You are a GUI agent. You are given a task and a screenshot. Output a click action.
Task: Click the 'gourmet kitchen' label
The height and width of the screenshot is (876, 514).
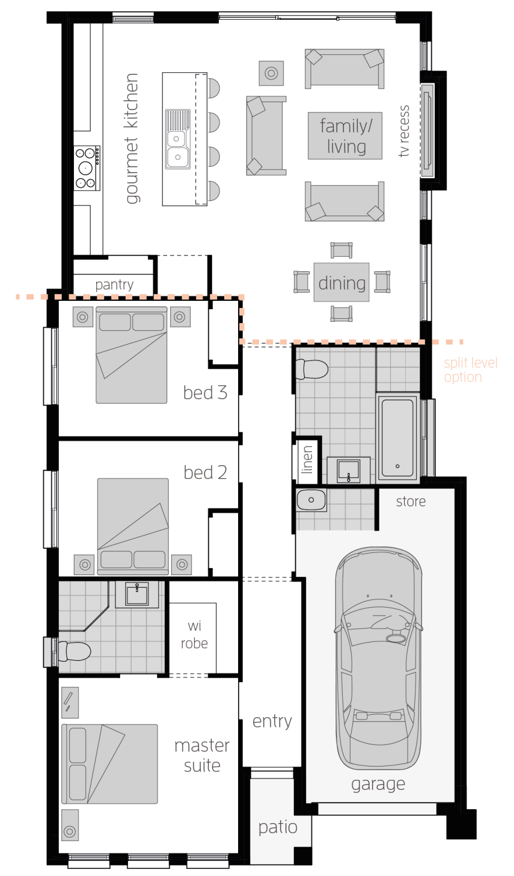tap(132, 138)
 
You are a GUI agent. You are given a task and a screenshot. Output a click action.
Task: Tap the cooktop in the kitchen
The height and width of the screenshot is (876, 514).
tap(87, 168)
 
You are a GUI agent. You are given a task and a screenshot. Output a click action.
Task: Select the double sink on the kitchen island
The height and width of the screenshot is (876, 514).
tap(177, 139)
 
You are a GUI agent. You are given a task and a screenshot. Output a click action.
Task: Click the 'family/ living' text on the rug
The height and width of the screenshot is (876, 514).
tap(346, 136)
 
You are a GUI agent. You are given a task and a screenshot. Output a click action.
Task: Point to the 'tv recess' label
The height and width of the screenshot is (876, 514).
tap(404, 131)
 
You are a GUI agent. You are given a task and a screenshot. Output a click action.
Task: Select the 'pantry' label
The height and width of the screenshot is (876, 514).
tap(114, 285)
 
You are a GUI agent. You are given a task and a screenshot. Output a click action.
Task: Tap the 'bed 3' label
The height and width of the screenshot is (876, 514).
tap(205, 393)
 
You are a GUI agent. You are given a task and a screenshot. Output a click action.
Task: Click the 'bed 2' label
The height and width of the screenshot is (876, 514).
tap(205, 472)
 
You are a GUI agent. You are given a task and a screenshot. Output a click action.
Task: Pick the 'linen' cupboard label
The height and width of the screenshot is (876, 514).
tap(307, 460)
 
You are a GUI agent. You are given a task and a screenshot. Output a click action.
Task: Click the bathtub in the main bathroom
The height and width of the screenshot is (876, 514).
tap(398, 437)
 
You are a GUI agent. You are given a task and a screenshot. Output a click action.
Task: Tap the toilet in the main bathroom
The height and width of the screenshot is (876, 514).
tap(311, 369)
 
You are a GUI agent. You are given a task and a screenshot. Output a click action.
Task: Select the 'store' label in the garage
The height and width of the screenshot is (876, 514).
tap(411, 501)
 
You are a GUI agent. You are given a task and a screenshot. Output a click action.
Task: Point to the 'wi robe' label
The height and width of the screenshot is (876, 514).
tap(194, 634)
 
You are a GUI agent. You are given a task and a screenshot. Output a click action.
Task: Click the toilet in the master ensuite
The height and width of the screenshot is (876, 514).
tap(75, 652)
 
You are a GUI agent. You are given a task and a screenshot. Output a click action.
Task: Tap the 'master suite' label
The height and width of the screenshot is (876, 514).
tap(202, 756)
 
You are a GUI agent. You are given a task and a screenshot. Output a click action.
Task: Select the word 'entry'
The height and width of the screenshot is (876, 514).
tap(272, 721)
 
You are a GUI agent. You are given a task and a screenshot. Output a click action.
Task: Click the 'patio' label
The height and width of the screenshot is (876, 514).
tap(278, 827)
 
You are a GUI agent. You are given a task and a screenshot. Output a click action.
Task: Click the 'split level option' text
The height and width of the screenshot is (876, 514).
tap(471, 370)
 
